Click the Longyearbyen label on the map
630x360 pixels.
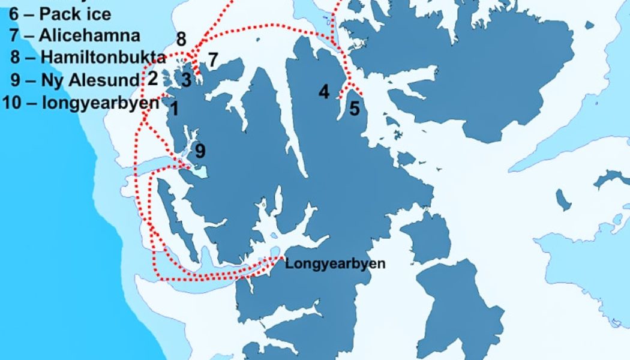click(x=335, y=263)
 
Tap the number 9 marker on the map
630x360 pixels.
click(x=200, y=150)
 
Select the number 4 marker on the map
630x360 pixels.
click(x=324, y=92)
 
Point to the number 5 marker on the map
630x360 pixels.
click(x=355, y=109)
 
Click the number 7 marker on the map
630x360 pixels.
click(x=212, y=59)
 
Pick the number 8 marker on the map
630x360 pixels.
click(x=181, y=40)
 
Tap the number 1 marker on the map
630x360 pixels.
click(x=174, y=109)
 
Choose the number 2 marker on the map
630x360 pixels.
click(x=152, y=78)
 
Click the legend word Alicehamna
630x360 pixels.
click(x=89, y=35)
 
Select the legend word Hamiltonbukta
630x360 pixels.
click(x=103, y=58)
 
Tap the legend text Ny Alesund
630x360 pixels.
click(x=89, y=80)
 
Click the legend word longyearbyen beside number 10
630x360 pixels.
click(x=100, y=102)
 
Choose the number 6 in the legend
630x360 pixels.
click(x=13, y=13)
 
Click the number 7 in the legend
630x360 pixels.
click(x=14, y=35)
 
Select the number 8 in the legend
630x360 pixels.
click(x=16, y=58)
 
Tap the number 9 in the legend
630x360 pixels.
click(x=16, y=80)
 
